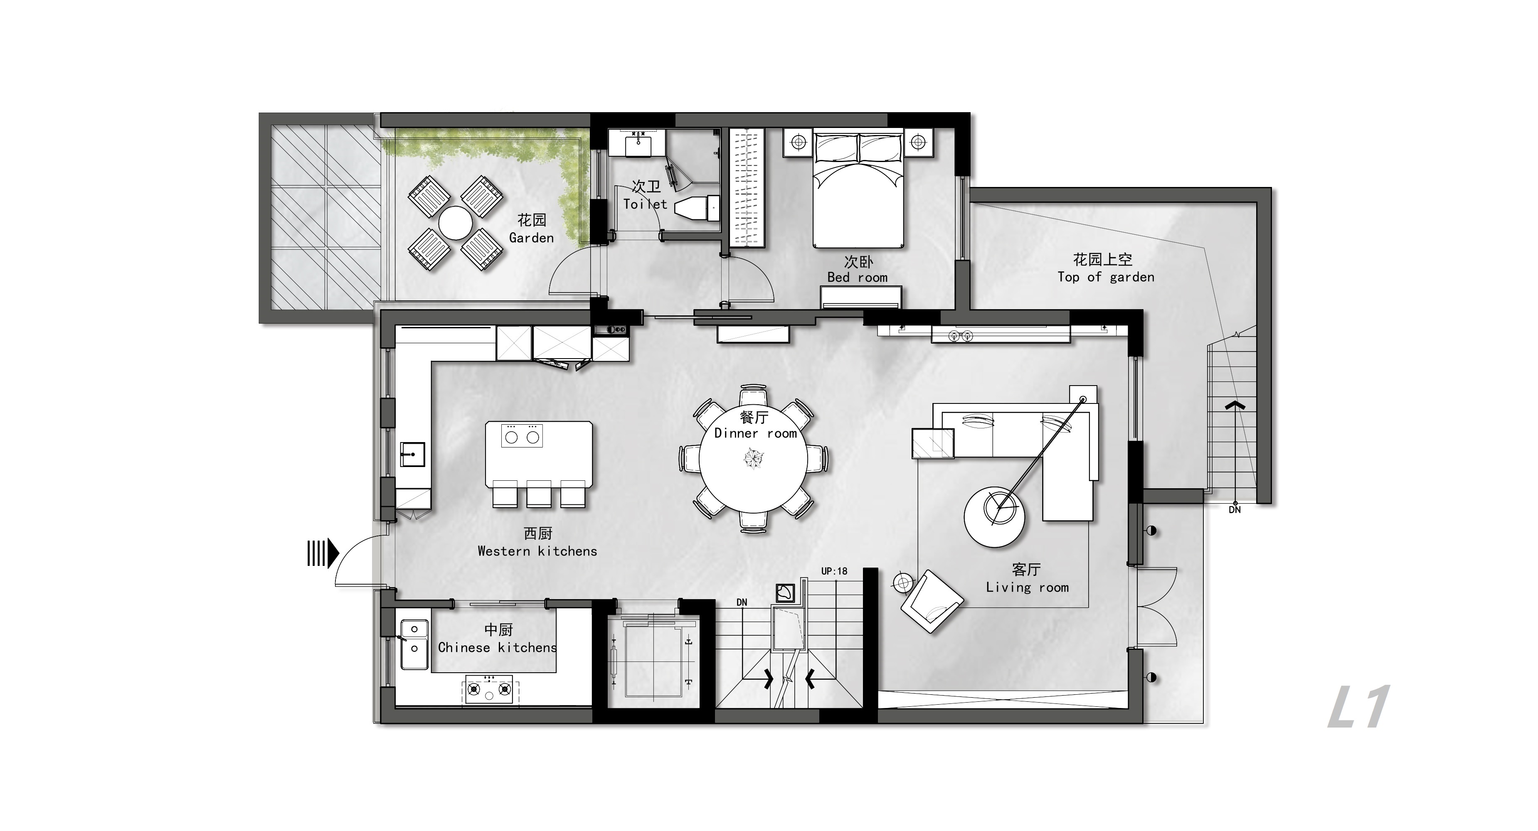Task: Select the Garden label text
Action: pos(531,238)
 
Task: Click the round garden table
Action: pos(456,223)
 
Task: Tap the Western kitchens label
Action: pos(537,551)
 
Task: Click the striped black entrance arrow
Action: pos(323,553)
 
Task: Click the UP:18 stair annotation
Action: pos(834,571)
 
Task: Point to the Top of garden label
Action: pos(1106,277)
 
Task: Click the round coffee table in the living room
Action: pos(995,516)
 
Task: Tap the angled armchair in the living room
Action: pos(932,601)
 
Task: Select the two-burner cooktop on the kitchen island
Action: pos(523,436)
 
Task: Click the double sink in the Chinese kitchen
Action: pos(414,645)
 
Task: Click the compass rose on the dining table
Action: pos(754,458)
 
